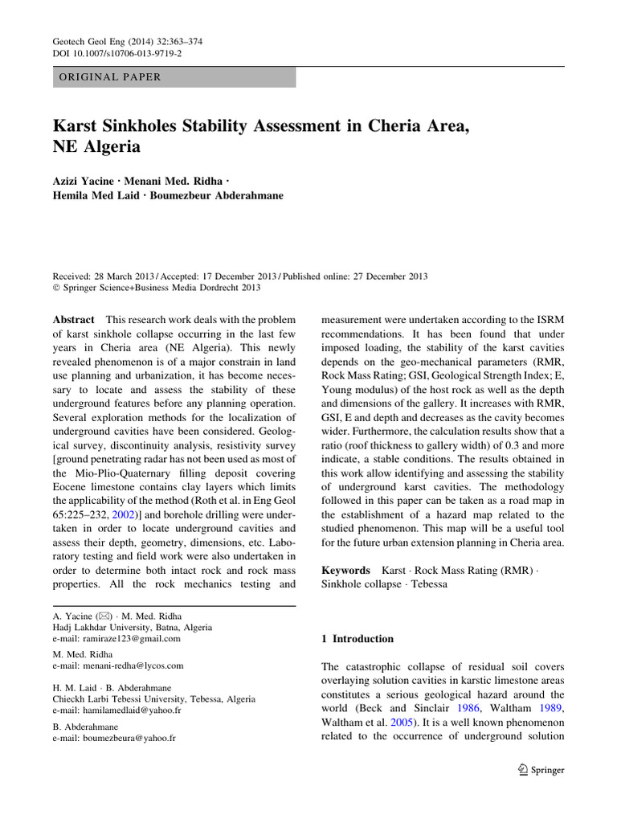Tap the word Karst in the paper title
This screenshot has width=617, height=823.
point(76,126)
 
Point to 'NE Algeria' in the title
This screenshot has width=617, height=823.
point(96,147)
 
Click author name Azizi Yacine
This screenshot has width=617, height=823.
point(87,181)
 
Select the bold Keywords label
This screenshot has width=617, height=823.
point(347,570)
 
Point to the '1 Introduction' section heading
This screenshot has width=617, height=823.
point(358,639)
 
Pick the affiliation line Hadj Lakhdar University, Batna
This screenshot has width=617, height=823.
point(125,627)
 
